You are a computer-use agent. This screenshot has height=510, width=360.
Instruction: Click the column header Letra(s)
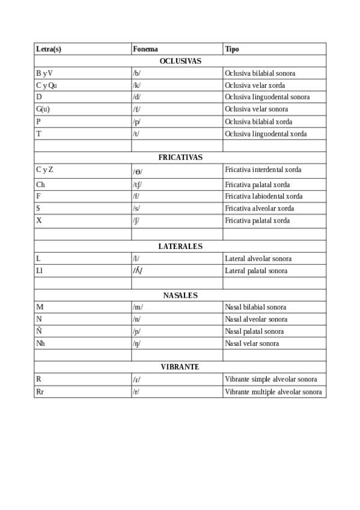[x=49, y=49]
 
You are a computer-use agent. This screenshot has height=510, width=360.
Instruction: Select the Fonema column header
[x=145, y=49]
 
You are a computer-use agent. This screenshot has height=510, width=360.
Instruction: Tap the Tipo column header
[x=232, y=49]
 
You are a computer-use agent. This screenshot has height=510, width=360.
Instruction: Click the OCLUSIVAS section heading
[x=180, y=61]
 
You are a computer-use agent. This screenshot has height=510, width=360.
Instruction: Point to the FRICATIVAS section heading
[x=180, y=158]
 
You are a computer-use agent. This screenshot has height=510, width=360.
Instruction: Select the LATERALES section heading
[x=180, y=247]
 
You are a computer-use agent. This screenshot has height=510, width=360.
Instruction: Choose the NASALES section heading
[x=180, y=295]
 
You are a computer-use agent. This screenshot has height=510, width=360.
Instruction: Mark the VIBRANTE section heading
[x=180, y=367]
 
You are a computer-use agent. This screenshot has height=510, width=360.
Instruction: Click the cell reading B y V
[x=44, y=73]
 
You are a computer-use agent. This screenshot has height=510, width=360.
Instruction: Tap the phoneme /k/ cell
[x=136, y=85]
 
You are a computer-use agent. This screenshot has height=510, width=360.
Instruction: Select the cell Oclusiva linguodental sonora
[x=267, y=97]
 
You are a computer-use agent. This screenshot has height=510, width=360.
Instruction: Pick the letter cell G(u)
[x=43, y=109]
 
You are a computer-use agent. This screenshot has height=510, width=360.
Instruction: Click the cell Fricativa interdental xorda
[x=263, y=170]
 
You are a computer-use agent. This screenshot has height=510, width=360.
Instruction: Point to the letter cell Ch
[x=40, y=185]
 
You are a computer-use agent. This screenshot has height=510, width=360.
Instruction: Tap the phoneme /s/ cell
[x=136, y=209]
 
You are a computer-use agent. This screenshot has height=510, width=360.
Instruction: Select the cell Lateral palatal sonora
[x=256, y=271]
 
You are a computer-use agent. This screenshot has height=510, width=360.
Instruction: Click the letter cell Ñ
[x=39, y=331]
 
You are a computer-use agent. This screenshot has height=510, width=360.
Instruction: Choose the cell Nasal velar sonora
[x=252, y=344]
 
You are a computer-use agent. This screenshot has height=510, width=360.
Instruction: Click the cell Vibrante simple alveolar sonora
[x=271, y=379]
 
